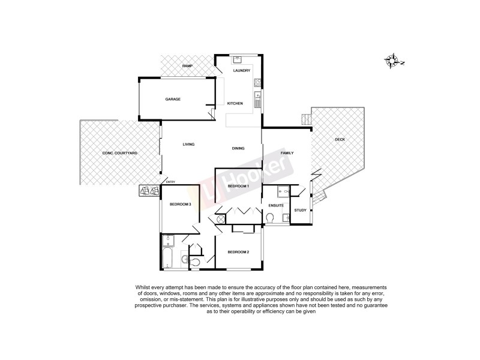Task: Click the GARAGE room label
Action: pos(173,100)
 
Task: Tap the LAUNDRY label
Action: pos(241,71)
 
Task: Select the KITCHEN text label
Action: pos(235,104)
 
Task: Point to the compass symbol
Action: pos(394,60)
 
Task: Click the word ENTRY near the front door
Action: pos(170,182)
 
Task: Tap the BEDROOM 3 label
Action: pos(180,205)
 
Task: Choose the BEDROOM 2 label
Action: pos(238,253)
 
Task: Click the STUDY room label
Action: pos(301,210)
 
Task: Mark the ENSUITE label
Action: pos(276,206)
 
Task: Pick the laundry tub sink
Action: pos(238,59)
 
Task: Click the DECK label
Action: pos(340,140)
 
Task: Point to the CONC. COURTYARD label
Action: pos(120,154)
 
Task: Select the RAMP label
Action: pos(187,65)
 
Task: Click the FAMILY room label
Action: pos(287,154)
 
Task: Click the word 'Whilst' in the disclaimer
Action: pos(146,289)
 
